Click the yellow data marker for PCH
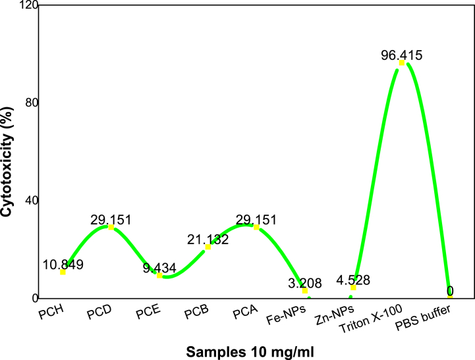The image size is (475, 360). pyautogui.click(x=63, y=272)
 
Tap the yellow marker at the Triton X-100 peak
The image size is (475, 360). pyautogui.click(x=401, y=63)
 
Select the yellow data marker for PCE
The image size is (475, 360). pyautogui.click(x=159, y=276)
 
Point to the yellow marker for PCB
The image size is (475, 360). pyautogui.click(x=208, y=247)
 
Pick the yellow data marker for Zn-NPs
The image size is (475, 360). pyautogui.click(x=353, y=288)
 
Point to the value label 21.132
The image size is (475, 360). pyautogui.click(x=207, y=239)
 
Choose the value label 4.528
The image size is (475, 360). pyautogui.click(x=353, y=279)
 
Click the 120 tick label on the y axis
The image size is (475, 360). pyautogui.click(x=29, y=6)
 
